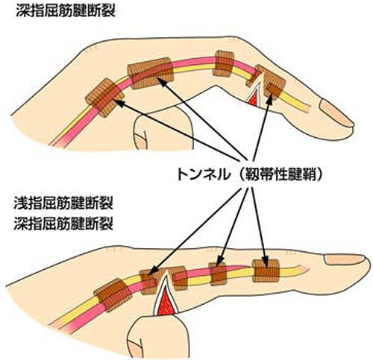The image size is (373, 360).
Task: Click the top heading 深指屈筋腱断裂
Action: [x=66, y=11]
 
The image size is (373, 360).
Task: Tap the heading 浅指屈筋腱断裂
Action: [x=63, y=203]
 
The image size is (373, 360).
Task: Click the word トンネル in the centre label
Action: [x=203, y=174]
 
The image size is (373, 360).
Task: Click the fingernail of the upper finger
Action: [x=336, y=113]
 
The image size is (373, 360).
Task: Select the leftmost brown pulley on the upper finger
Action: [x=104, y=98]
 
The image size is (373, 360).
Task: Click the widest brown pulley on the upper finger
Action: [x=150, y=73]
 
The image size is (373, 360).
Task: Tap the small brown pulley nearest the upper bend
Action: [x=224, y=63]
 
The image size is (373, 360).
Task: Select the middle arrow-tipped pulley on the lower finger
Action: [x=218, y=274]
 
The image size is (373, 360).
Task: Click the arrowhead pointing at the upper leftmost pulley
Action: [x=119, y=103]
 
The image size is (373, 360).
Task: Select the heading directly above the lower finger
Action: [x=63, y=224]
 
